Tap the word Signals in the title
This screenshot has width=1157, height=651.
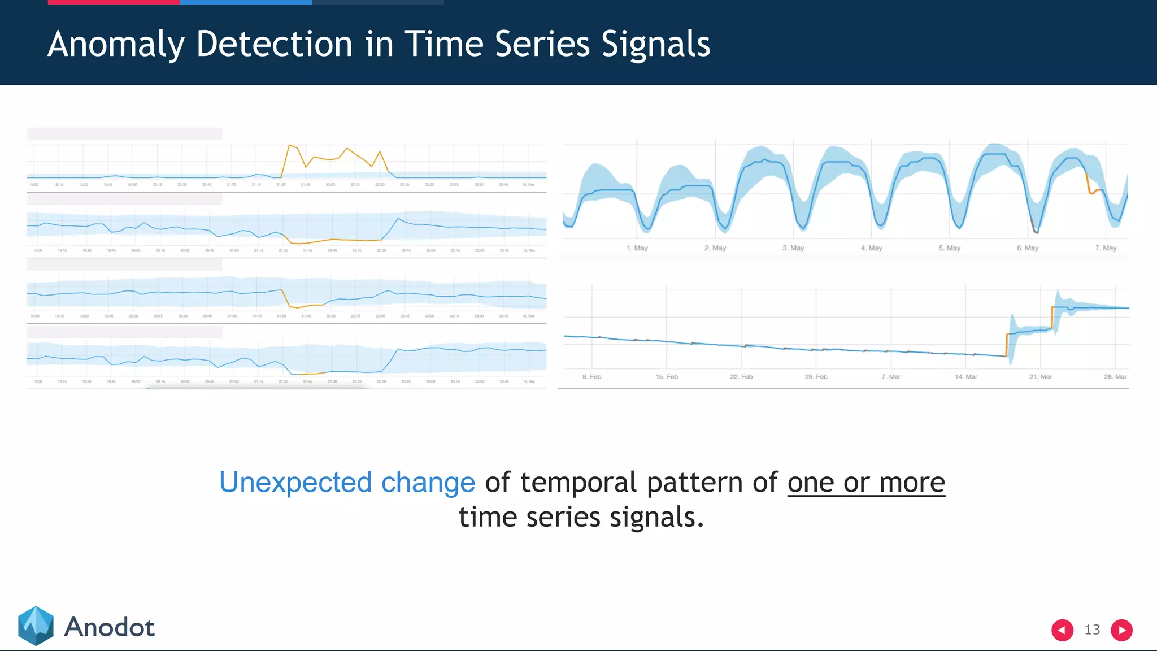click(x=655, y=44)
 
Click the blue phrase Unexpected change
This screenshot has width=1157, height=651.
click(x=347, y=483)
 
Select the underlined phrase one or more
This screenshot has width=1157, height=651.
click(x=865, y=483)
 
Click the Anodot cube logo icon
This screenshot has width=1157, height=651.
click(x=36, y=626)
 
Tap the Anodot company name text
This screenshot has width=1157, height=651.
click(x=109, y=627)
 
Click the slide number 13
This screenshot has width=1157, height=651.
click(x=1092, y=630)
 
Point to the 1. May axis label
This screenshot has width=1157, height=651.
click(x=637, y=248)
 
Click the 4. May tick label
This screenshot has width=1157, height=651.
click(x=871, y=248)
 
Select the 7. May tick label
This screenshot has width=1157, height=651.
click(x=1106, y=248)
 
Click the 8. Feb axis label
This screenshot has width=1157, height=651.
click(x=591, y=377)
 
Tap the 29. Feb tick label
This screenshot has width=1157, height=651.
click(x=816, y=377)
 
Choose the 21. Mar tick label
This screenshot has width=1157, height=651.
click(x=1040, y=377)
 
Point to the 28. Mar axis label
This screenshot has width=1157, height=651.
click(x=1115, y=377)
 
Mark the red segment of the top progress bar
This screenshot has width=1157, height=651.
click(x=114, y=2)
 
